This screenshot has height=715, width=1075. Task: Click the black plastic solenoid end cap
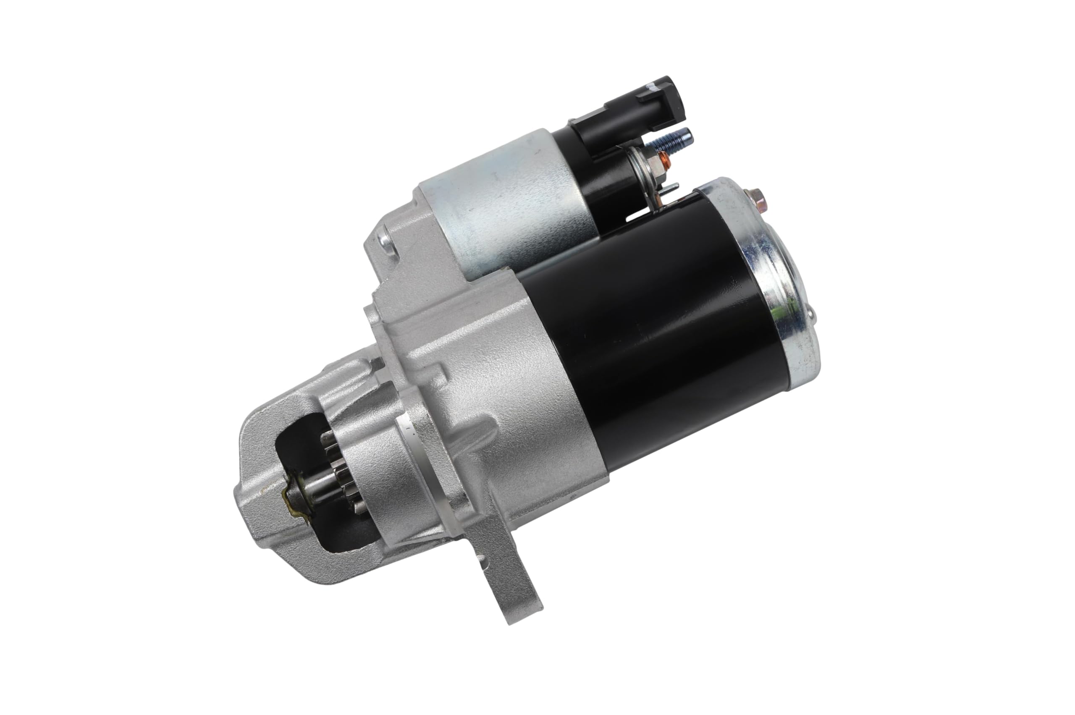(602, 182)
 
